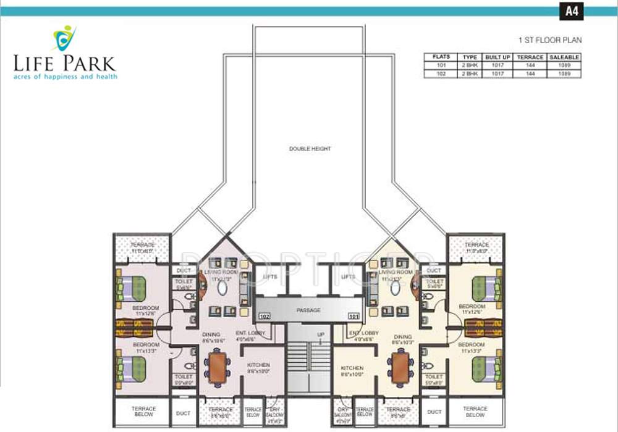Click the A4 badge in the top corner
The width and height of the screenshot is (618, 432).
pyautogui.click(x=572, y=10)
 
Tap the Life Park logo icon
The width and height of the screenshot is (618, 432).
pyautogui.click(x=64, y=38)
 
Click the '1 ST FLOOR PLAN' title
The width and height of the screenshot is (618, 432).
pyautogui.click(x=550, y=41)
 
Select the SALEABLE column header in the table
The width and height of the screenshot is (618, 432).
pyautogui.click(x=565, y=57)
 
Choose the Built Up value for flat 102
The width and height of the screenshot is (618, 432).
pyautogui.click(x=497, y=73)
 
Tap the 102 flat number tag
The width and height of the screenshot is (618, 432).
pyautogui.click(x=265, y=317)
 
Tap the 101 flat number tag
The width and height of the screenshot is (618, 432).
pyautogui.click(x=353, y=317)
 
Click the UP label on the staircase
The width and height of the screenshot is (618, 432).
pyautogui.click(x=321, y=334)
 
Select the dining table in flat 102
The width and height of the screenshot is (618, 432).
pyautogui.click(x=219, y=367)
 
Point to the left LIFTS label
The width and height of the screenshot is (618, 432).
pyautogui.click(x=270, y=277)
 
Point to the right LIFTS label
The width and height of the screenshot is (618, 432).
pyautogui.click(x=348, y=277)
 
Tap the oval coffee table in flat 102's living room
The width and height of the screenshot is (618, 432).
pyautogui.click(x=222, y=288)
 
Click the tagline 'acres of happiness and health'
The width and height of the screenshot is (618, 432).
pyautogui.click(x=66, y=77)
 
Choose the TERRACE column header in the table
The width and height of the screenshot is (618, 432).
pyautogui.click(x=530, y=57)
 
